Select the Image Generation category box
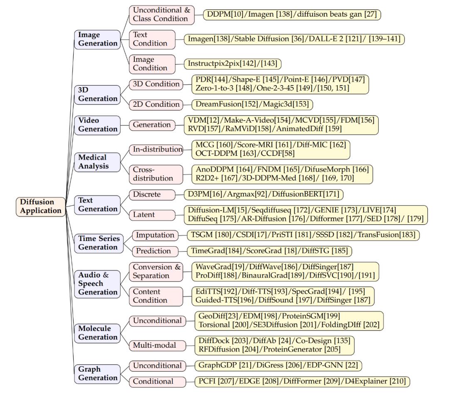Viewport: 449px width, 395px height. click(x=97, y=39)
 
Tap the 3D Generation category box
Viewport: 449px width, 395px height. click(x=97, y=94)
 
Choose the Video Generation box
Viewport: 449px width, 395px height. click(x=97, y=125)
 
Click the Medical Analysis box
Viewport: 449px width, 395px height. click(x=97, y=162)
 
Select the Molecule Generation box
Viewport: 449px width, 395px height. click(x=97, y=333)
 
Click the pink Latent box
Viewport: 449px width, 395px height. click(x=155, y=215)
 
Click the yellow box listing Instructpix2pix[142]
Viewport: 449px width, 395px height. click(x=233, y=64)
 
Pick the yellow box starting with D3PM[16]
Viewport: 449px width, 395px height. click(x=264, y=194)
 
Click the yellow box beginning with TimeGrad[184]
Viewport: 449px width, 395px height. click(x=270, y=251)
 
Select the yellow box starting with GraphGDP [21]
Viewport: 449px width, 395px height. click(x=279, y=366)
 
